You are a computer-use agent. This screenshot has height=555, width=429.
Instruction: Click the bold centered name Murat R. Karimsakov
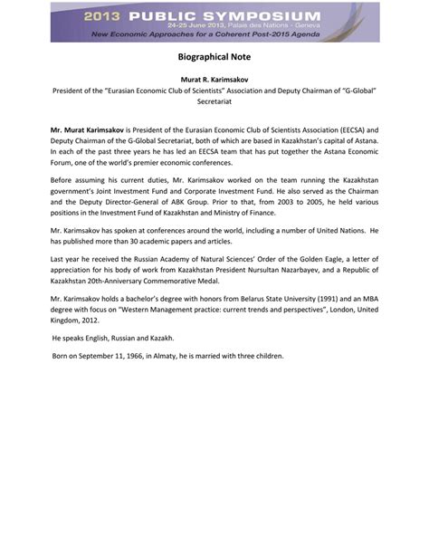pyautogui.click(x=214, y=81)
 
